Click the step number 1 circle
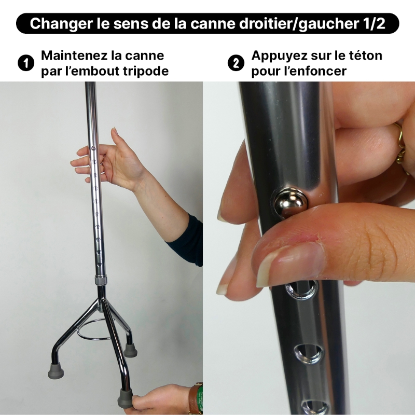[24, 63]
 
